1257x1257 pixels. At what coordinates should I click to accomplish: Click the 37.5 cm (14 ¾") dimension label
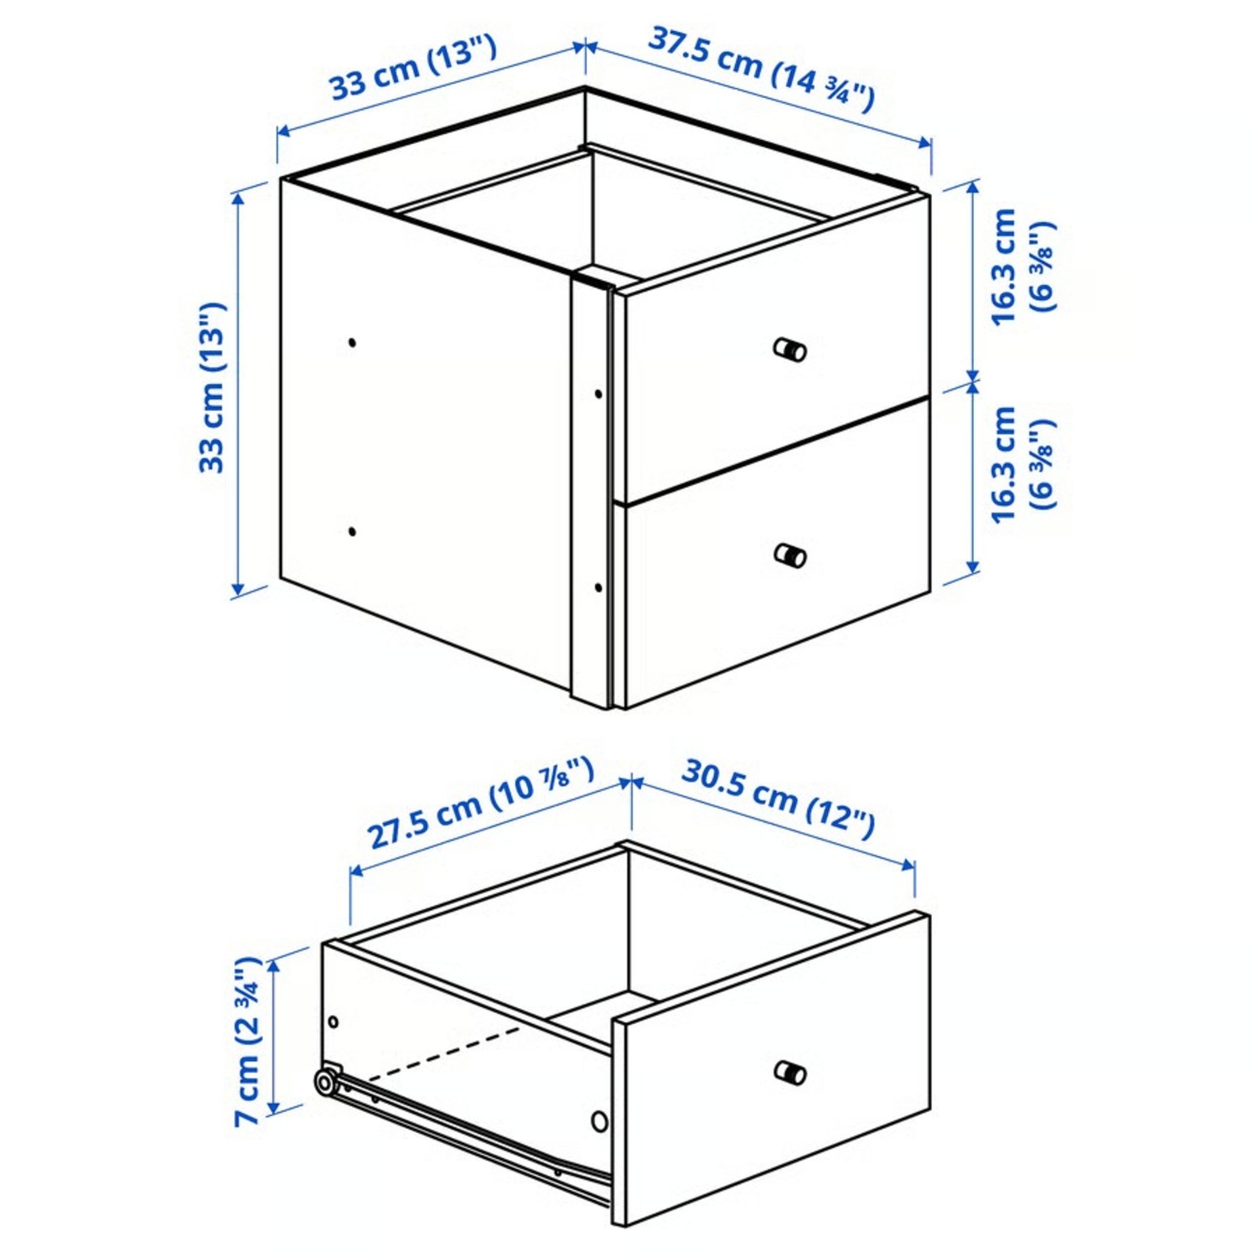[761, 69]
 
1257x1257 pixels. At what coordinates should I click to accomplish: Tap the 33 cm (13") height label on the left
[215, 388]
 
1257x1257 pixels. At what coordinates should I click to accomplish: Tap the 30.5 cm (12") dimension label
[778, 798]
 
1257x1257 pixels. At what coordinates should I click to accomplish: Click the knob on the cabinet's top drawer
[789, 349]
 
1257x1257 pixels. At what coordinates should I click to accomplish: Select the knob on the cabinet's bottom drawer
[789, 555]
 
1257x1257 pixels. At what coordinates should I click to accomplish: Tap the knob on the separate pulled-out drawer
[789, 1072]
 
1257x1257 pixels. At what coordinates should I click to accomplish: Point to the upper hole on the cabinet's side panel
[352, 342]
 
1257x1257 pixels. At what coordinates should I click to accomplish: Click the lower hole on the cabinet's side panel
[352, 531]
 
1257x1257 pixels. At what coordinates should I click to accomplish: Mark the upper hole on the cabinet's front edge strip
[598, 393]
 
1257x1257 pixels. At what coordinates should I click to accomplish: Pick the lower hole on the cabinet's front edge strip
[598, 587]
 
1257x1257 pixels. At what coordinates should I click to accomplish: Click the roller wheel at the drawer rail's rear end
[324, 1083]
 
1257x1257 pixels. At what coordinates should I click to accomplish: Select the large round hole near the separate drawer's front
[599, 1120]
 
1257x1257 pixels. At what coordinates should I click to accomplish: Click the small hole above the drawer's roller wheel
[334, 1022]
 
